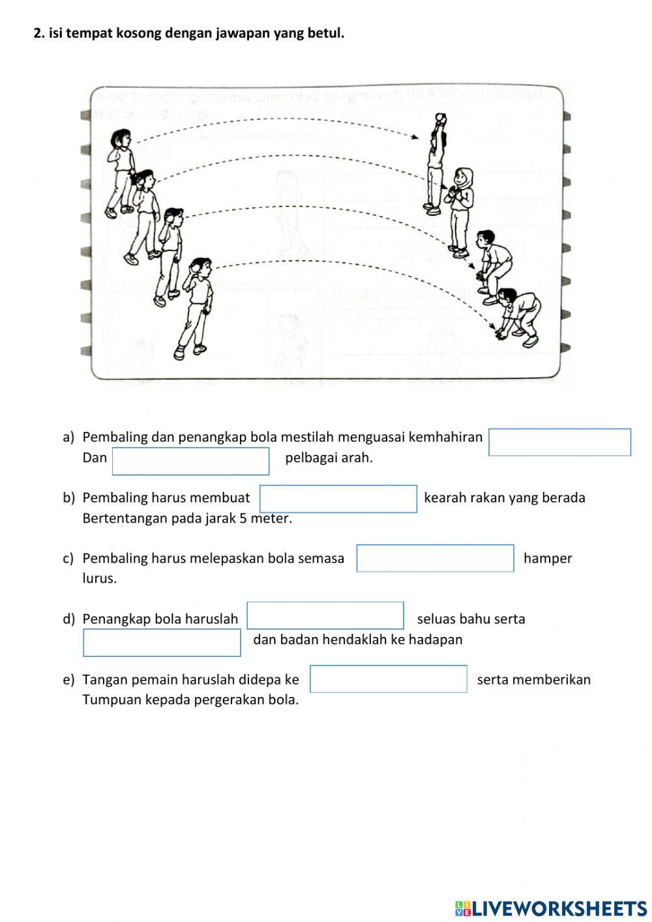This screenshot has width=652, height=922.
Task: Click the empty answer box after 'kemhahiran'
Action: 559,442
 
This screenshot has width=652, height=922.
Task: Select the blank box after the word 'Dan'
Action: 190,461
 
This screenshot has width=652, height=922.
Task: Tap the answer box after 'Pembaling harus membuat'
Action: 338,499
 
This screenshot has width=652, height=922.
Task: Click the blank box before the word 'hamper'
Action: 435,559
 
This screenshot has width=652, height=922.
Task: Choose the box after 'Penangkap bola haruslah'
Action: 325,616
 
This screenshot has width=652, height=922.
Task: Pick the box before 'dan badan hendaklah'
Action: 162,643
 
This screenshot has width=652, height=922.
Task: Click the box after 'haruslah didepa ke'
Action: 388,679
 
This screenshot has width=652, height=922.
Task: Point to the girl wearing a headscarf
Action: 461,209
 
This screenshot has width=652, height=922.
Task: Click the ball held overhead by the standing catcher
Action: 440,118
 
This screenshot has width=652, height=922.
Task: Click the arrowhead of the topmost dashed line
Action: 415,137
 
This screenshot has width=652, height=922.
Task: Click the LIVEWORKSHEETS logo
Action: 550,908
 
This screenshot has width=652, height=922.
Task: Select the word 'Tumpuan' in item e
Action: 108,700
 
